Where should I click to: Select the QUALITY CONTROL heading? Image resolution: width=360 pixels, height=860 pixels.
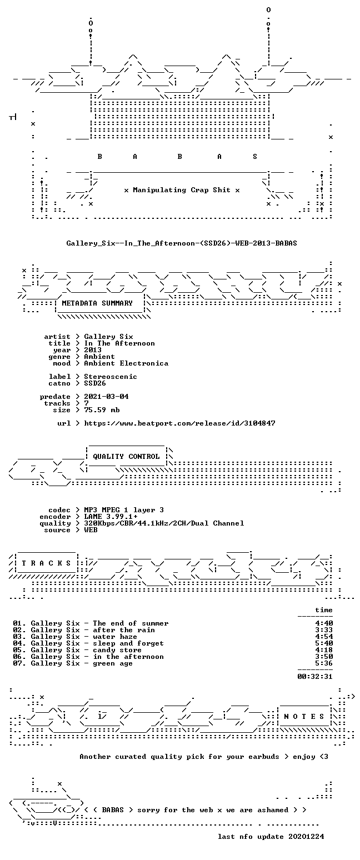(126, 457)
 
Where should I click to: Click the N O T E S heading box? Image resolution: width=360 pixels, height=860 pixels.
(304, 717)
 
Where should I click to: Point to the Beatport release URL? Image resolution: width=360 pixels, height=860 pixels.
(179, 423)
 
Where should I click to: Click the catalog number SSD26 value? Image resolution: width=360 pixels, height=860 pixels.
(95, 383)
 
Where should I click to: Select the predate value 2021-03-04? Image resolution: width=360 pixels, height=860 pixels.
(106, 397)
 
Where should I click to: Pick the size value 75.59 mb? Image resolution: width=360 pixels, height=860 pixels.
(102, 410)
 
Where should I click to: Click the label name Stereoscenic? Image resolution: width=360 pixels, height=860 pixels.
(111, 377)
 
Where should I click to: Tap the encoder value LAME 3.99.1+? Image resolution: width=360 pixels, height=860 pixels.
(111, 517)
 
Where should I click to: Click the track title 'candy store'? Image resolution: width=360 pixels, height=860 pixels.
(117, 651)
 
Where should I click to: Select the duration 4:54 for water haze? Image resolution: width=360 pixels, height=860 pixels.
(324, 637)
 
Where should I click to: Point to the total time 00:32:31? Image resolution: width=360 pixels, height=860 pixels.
(314, 677)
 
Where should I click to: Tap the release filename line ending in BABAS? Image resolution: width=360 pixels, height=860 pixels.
(182, 243)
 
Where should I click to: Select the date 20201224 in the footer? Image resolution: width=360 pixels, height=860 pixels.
(306, 837)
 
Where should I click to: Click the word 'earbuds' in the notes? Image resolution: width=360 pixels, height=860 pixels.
(264, 757)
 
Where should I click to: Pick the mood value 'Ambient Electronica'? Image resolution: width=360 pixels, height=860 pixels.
(126, 363)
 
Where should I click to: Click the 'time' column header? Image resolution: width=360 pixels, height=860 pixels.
(324, 610)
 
